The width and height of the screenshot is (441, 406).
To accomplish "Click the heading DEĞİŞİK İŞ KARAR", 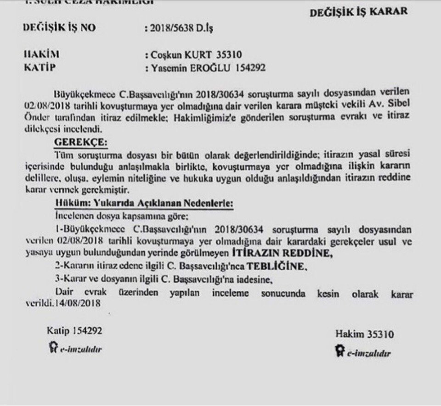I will [358, 12].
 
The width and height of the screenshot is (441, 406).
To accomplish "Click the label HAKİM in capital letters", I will [41, 54].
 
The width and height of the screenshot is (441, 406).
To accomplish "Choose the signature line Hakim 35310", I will [364, 334].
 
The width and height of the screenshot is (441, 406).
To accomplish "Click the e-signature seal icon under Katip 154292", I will [52, 347].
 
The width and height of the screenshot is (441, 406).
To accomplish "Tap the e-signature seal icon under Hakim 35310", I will [340, 351].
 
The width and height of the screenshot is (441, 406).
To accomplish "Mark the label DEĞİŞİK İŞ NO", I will [59, 28].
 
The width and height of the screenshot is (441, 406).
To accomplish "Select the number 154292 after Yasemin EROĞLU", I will [243, 68].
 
